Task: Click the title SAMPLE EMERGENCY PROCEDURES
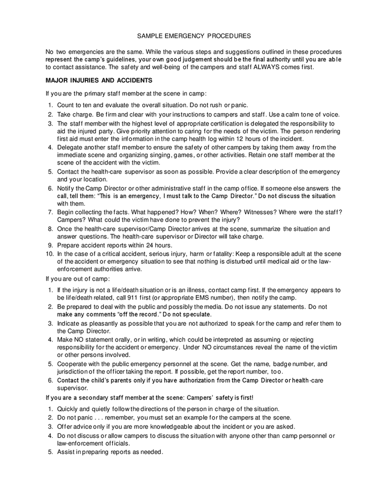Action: click(194, 36)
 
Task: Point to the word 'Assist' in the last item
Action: click(66, 452)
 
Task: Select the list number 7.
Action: click(50, 212)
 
